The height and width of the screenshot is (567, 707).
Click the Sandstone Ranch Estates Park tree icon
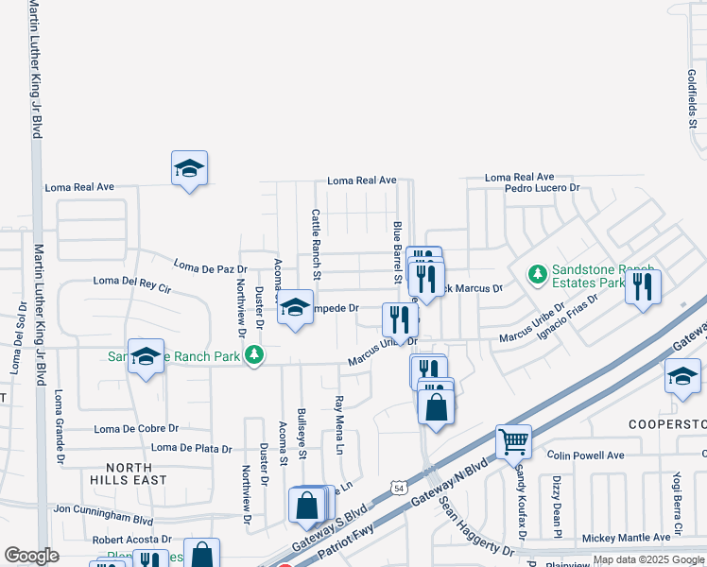click(538, 274)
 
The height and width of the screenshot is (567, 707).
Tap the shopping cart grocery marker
click(512, 439)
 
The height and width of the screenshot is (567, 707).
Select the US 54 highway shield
click(400, 488)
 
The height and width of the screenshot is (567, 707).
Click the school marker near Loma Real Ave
click(189, 168)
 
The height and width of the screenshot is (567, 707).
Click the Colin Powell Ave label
click(585, 455)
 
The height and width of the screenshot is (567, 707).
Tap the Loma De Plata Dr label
click(192, 448)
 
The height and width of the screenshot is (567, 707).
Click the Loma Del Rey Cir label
click(131, 282)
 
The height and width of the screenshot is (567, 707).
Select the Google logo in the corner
click(31, 556)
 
